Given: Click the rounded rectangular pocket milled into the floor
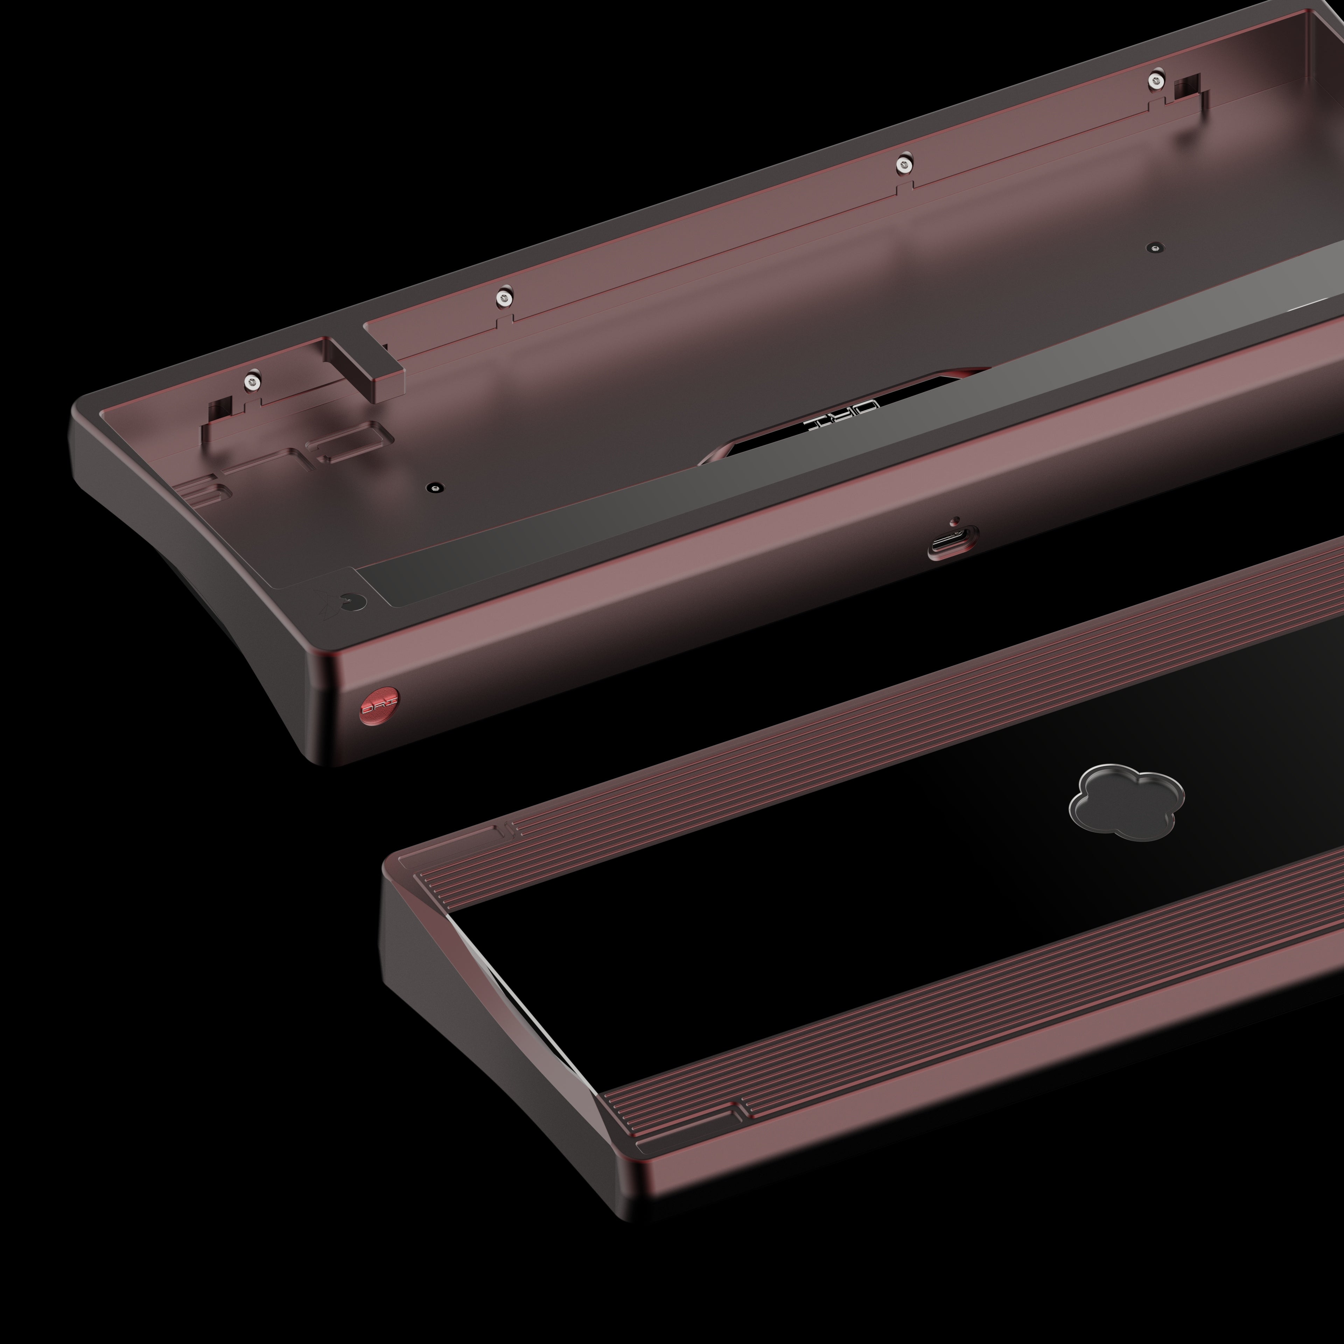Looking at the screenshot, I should pos(350,440).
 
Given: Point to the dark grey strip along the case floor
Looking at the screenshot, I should pos(696,515).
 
